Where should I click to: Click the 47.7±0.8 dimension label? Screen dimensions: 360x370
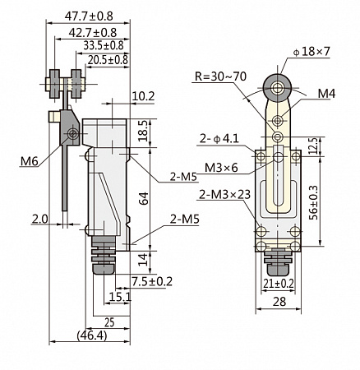[x=89, y=16]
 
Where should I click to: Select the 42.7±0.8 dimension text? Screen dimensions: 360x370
[x=93, y=33]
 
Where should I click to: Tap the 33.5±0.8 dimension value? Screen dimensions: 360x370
[x=104, y=45]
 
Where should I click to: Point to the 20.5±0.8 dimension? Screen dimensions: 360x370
[x=108, y=59]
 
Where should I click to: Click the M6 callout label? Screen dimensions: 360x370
[x=29, y=161]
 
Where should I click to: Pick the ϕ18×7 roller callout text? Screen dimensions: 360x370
[x=312, y=52]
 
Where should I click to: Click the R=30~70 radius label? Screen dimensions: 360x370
[x=220, y=76]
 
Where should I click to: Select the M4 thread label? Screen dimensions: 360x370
[x=326, y=94]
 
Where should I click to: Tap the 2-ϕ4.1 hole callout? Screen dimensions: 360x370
[x=219, y=139]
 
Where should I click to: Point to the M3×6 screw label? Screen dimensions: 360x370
[x=221, y=168]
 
